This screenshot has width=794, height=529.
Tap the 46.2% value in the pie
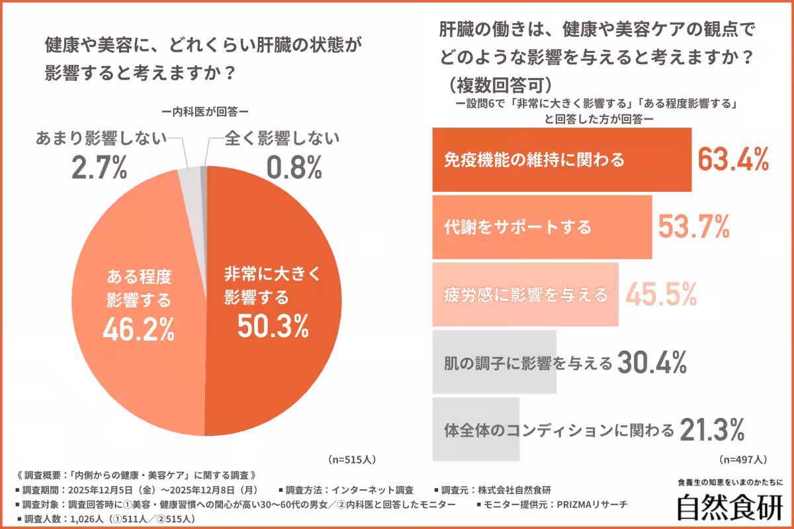pos(138,329)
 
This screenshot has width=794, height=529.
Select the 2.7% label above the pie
pos(99,169)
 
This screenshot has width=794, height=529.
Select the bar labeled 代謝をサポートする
pos(542,227)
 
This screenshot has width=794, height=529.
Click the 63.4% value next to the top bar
pos(734,159)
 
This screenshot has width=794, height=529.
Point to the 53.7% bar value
pos(694,227)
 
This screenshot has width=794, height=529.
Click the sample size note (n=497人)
pos(742,458)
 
